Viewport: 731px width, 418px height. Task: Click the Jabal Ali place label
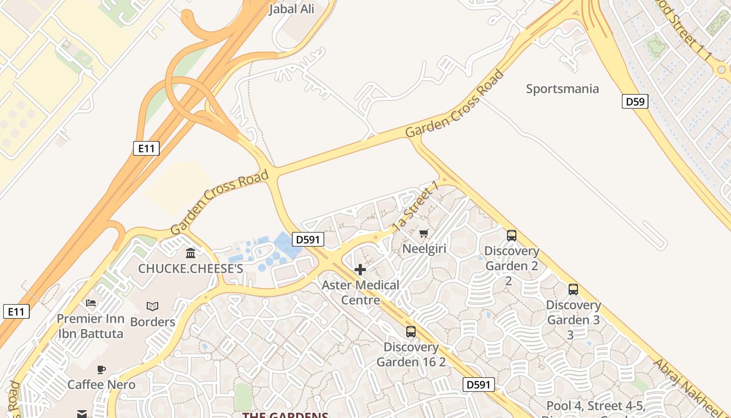click(292, 9)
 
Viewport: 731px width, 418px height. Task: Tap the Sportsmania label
click(562, 88)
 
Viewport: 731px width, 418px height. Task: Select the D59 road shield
click(634, 101)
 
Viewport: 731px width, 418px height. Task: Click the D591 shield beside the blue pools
click(308, 239)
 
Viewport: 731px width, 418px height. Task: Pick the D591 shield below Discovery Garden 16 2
click(478, 385)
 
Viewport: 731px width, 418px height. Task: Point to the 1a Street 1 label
click(415, 207)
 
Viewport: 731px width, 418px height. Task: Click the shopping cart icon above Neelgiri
click(423, 233)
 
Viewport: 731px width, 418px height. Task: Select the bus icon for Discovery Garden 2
click(511, 236)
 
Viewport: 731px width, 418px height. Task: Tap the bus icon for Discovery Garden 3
click(573, 289)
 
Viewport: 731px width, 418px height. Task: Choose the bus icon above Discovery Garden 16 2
click(411, 332)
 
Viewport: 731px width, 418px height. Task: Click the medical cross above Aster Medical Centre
click(360, 270)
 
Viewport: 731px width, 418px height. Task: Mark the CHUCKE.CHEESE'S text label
click(191, 269)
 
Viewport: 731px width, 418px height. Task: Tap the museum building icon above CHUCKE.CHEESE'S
click(191, 253)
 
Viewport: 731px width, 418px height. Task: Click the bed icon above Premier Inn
click(91, 303)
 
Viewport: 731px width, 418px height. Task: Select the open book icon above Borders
click(152, 306)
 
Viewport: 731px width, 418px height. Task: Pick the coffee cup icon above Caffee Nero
click(101, 369)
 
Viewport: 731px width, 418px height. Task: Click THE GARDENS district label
click(285, 414)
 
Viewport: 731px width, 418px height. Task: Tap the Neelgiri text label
click(424, 248)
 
